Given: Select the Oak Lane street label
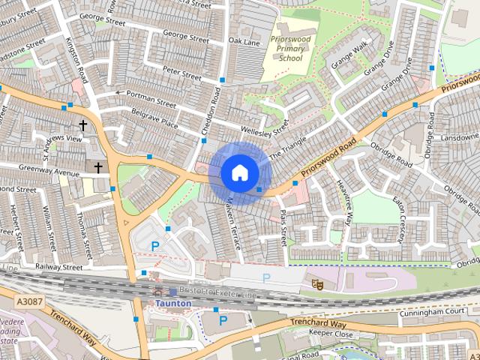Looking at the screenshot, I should [x=244, y=40].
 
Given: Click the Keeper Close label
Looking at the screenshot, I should [x=331, y=334].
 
